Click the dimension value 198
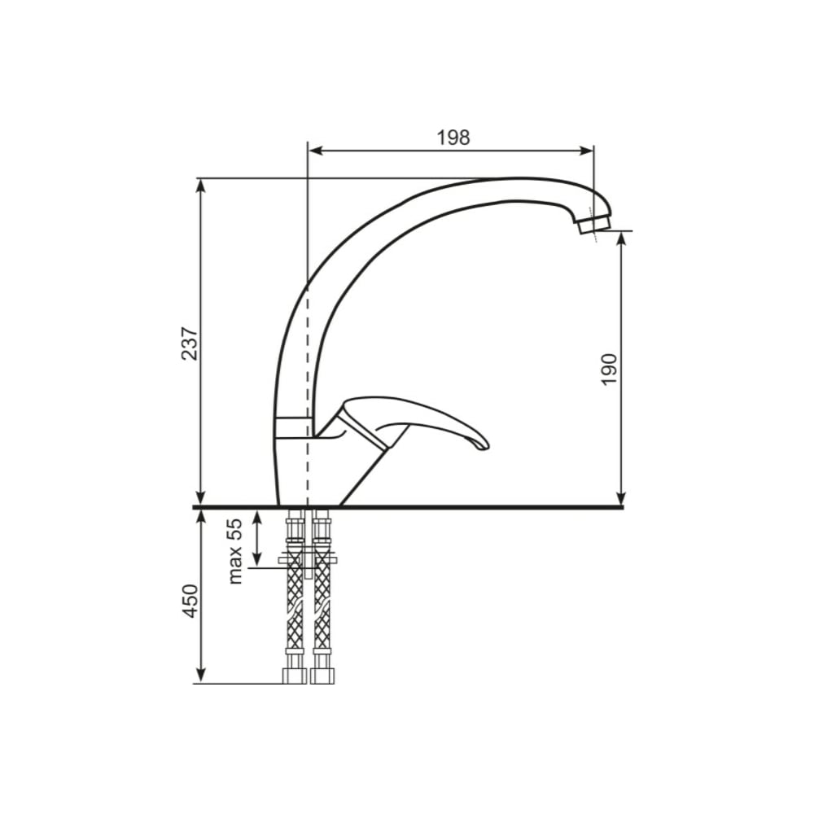point(453,138)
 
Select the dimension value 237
point(190,344)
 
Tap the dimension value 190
point(608,369)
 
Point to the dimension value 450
point(190,601)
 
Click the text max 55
point(234,551)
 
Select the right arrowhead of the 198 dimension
point(587,151)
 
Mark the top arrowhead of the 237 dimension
point(200,185)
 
